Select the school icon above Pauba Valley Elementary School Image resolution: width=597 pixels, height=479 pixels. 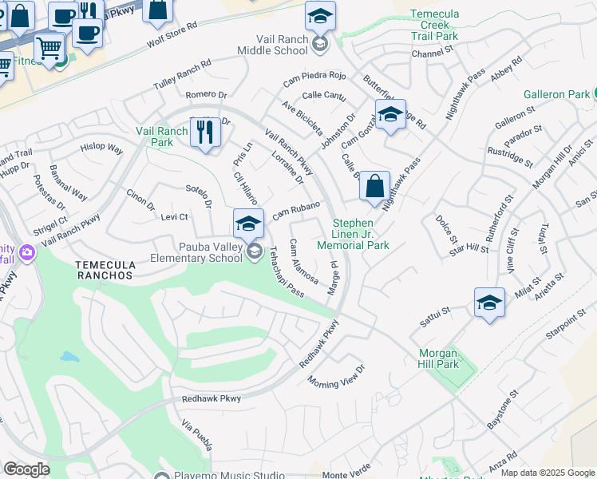(x=248, y=223)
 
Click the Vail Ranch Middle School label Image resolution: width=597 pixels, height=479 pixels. (x=272, y=45)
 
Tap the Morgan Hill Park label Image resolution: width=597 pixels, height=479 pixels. (x=438, y=358)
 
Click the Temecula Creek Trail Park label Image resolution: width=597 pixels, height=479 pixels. (x=434, y=25)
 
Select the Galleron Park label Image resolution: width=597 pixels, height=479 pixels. (x=556, y=94)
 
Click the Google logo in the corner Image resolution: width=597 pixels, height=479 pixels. (x=26, y=469)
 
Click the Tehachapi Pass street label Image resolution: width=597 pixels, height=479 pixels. (x=286, y=271)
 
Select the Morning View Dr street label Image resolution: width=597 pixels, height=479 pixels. (x=335, y=374)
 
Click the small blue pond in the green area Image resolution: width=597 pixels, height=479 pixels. (x=69, y=356)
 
